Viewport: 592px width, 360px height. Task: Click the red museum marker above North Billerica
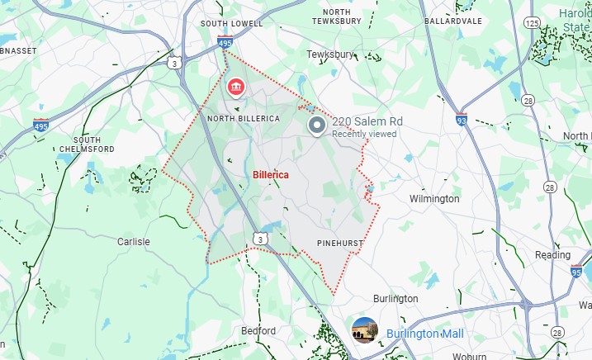[235, 87]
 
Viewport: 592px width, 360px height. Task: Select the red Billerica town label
[272, 175]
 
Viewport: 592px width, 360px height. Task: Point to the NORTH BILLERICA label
[244, 119]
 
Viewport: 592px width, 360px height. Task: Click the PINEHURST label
[340, 243]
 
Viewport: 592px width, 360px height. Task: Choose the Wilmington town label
[434, 199]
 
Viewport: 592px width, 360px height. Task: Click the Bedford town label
[258, 331]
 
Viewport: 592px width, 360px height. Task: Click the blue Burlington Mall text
[424, 334]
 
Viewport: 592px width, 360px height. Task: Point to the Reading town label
[552, 255]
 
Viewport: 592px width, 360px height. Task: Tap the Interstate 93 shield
[461, 121]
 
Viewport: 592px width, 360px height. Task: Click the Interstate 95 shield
[575, 272]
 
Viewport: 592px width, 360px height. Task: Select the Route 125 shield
[531, 23]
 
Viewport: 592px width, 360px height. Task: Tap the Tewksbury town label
[330, 54]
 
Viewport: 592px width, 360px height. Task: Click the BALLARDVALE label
[452, 20]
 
